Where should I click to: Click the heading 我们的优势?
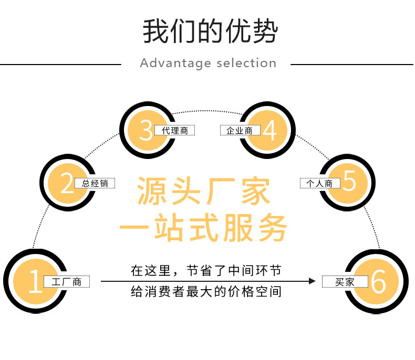(x=210, y=32)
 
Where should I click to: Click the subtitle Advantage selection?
(x=208, y=63)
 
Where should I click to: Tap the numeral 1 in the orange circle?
(x=35, y=282)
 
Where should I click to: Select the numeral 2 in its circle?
(x=67, y=184)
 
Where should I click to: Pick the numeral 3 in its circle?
(x=146, y=131)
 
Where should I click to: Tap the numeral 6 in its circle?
(x=378, y=282)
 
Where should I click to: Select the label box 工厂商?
(x=67, y=282)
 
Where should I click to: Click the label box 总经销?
(x=95, y=183)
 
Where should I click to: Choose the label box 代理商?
(x=174, y=130)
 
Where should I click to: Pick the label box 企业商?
(x=240, y=130)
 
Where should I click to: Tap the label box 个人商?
(x=320, y=183)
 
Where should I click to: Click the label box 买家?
(x=345, y=282)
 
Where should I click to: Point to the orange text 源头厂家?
(x=204, y=192)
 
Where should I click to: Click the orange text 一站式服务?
(x=204, y=229)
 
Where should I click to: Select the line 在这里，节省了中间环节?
(x=206, y=271)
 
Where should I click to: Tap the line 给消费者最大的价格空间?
(x=206, y=292)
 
